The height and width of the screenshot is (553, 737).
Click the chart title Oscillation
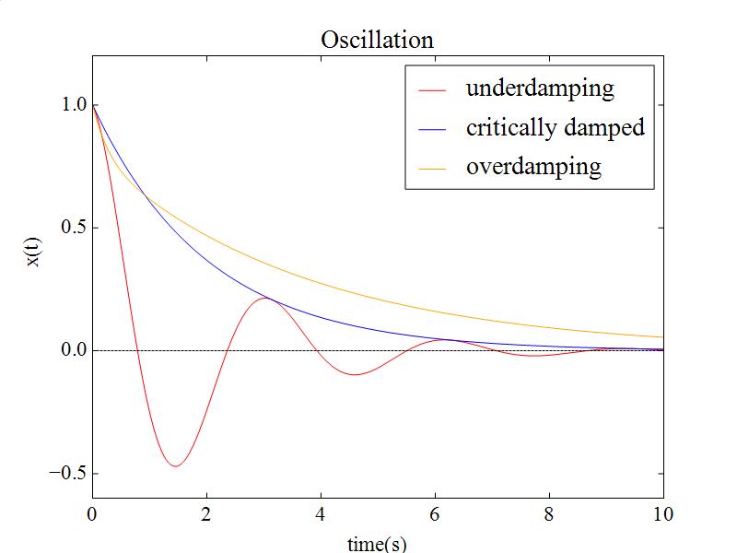point(377,40)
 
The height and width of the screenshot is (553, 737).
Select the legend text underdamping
point(540,88)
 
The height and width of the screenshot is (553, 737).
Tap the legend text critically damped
point(555,127)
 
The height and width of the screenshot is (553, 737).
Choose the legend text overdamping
point(533,167)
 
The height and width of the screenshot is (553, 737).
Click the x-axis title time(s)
point(377,544)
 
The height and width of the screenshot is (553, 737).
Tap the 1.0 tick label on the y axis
point(74,105)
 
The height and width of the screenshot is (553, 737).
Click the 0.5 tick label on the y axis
point(74,228)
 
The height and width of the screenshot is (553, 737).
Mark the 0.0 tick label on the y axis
point(74,350)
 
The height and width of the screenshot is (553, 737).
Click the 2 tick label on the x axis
point(206,514)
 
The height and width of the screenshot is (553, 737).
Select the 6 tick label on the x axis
point(435,514)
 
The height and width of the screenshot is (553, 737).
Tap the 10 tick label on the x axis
point(663,514)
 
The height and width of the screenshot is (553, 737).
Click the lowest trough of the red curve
point(174,466)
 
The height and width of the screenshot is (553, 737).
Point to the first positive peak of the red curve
point(265,298)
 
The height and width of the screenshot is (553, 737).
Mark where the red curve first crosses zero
point(137,350)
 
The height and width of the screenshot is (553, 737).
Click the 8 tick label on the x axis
point(549,514)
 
